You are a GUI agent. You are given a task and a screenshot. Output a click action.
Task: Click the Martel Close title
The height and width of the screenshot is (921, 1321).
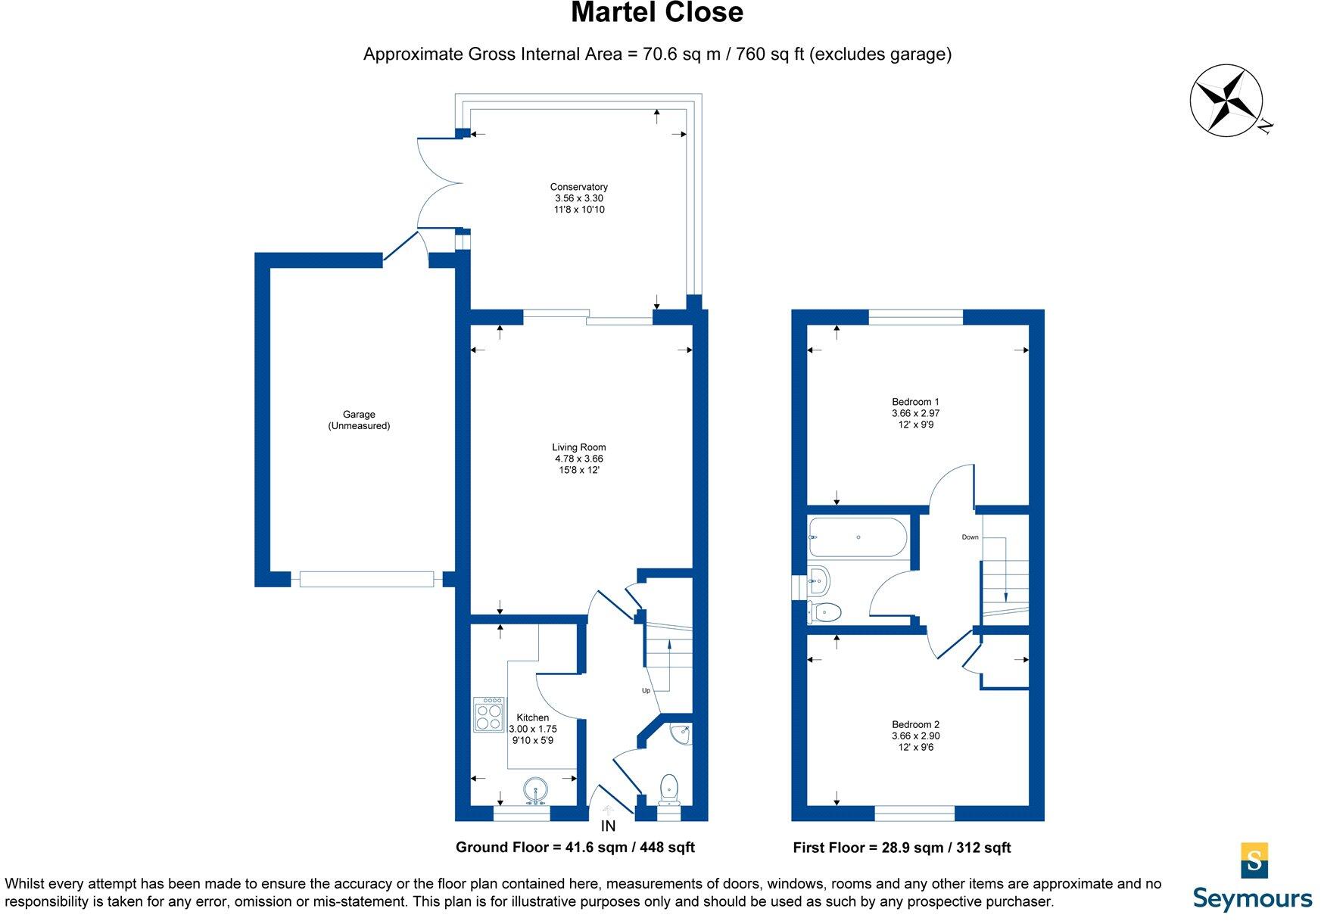pos(656,13)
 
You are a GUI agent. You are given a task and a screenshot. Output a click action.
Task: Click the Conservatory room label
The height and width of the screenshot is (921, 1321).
pos(578,187)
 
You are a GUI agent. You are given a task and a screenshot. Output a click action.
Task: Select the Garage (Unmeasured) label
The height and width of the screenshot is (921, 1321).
pos(359,420)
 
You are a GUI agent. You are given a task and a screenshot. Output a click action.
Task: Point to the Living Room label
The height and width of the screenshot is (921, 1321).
pos(578,447)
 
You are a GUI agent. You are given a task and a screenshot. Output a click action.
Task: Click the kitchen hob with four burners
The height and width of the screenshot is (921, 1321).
pos(489,714)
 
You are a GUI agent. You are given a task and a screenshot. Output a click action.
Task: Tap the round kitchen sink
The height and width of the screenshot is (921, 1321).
pos(536,790)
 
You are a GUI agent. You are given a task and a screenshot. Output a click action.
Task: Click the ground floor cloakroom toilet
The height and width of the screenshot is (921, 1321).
pos(669,789)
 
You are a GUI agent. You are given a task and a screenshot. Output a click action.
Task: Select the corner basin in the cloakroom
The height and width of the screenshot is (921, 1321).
pos(681,733)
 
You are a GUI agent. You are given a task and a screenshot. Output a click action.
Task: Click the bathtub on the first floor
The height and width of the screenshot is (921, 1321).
pos(857,537)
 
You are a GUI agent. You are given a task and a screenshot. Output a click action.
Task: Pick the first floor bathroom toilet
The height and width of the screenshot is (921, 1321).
pos(824,611)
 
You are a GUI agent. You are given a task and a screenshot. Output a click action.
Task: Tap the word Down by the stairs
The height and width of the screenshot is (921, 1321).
pos(970,537)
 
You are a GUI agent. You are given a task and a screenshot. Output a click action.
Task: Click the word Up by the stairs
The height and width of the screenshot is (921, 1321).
pos(646,690)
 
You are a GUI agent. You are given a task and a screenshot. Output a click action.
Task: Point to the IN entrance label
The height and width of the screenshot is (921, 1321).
pos(608,826)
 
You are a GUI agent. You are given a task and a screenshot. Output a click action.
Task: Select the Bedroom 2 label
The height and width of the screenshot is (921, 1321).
pos(915,724)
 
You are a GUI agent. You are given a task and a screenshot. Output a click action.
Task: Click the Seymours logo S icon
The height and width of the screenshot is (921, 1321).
pos(1254,860)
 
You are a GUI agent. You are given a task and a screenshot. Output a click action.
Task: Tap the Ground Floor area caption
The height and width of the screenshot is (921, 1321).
pos(575,848)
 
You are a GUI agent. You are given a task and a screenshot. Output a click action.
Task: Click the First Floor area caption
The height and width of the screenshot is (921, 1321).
pos(902,848)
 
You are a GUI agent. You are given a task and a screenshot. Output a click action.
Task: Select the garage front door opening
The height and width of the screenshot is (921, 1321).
pos(366,580)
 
